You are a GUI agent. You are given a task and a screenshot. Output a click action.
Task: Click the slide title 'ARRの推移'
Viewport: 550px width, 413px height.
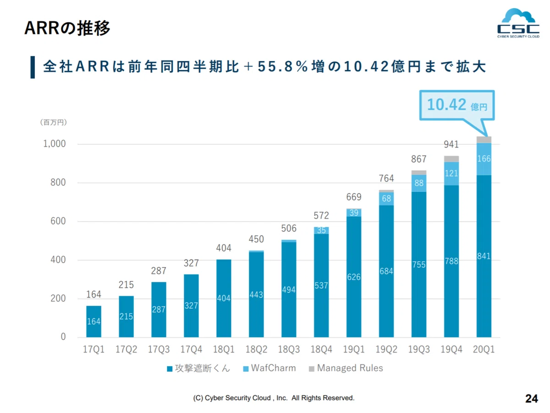point(67,28)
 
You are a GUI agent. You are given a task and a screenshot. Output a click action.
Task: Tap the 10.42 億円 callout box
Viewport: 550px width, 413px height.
point(457,105)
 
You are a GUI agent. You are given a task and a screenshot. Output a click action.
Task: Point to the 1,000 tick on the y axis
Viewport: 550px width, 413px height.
point(55,143)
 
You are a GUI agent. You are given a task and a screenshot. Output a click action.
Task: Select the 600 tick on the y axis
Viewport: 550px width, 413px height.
point(58,221)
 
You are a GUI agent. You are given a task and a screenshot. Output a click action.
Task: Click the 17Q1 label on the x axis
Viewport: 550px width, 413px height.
point(93,349)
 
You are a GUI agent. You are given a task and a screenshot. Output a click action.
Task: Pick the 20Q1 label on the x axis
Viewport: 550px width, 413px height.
point(484,349)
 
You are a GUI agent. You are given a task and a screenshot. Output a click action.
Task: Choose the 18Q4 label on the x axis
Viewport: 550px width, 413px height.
point(321,349)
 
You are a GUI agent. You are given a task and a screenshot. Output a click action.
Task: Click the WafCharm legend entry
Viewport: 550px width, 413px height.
point(269,368)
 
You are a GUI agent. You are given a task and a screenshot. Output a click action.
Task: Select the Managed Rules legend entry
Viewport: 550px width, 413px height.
point(346,368)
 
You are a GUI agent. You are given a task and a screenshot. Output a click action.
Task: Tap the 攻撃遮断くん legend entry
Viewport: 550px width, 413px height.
point(198,368)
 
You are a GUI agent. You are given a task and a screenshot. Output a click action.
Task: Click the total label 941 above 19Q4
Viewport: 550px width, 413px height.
point(451,144)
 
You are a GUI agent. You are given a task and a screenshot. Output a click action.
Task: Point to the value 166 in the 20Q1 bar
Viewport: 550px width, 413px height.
point(484,159)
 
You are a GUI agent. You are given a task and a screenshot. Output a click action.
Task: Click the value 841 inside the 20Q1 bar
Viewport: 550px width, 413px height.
point(484,256)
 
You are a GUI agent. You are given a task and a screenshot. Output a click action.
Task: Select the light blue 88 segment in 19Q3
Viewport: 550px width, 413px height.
point(419,183)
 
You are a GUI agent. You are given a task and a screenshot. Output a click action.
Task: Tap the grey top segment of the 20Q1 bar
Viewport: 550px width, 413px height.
point(484,140)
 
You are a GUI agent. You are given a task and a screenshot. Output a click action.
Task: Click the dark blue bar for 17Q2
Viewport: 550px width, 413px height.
point(126,317)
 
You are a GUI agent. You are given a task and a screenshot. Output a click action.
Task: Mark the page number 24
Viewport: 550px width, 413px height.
point(532,398)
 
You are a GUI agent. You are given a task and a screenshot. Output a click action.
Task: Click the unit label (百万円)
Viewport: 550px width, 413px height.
point(53,122)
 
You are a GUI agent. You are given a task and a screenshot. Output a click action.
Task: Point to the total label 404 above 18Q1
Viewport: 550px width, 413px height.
point(224,248)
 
